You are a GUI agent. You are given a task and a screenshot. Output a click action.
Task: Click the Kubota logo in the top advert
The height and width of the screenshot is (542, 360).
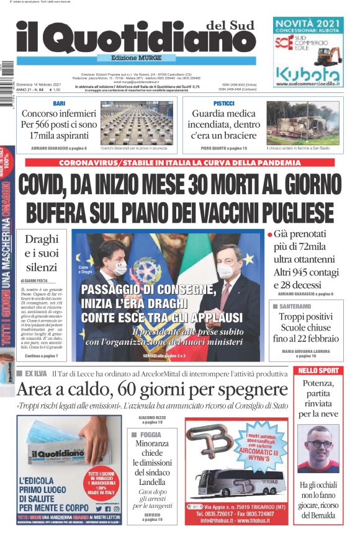[x=308, y=74]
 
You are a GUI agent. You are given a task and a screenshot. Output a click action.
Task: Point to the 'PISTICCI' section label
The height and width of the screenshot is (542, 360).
[x=223, y=103]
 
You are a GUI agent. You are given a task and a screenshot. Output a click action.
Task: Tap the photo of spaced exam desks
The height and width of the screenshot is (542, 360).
[x=136, y=123]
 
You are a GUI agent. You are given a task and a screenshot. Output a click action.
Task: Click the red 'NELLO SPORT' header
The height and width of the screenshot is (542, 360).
[x=318, y=371]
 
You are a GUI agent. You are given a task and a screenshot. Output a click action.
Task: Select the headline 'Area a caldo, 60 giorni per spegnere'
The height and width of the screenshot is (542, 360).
[x=152, y=389]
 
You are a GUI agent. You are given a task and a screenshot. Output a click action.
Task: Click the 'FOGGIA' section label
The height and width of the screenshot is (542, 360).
[x=151, y=435]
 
